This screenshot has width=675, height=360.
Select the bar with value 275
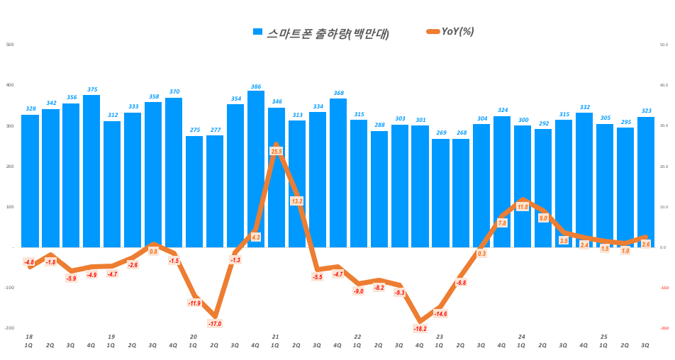click(194, 191)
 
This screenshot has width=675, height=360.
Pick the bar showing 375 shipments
click(91, 171)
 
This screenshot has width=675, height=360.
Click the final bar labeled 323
click(646, 181)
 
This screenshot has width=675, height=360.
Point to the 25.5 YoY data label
click(277, 151)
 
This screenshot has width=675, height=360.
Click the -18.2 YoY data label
click(420, 329)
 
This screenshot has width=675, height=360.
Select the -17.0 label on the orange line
click(215, 324)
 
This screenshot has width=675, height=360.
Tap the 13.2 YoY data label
click(297, 201)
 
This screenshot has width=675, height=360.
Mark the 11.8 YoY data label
click(523, 207)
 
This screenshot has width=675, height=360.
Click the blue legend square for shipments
click(258, 32)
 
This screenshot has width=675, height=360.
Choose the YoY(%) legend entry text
click(457, 31)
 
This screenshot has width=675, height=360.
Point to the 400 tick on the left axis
click(10, 85)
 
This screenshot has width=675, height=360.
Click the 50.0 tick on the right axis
click(664, 45)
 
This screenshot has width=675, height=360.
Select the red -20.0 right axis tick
click(664, 328)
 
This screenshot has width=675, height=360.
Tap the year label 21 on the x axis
click(275, 337)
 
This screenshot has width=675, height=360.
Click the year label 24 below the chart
click(522, 337)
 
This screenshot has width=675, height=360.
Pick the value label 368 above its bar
click(338, 93)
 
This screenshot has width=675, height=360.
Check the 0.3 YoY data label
click(481, 254)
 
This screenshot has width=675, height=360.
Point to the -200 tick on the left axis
click(9, 328)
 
